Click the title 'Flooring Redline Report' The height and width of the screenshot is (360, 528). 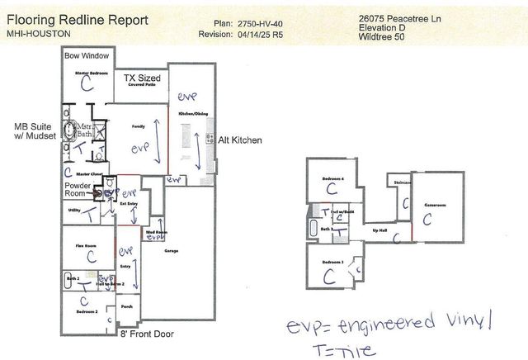point(73,17)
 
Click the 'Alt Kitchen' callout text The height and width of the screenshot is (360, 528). point(239,140)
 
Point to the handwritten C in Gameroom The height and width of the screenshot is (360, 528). point(427,219)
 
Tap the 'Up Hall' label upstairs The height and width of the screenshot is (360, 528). point(379,230)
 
